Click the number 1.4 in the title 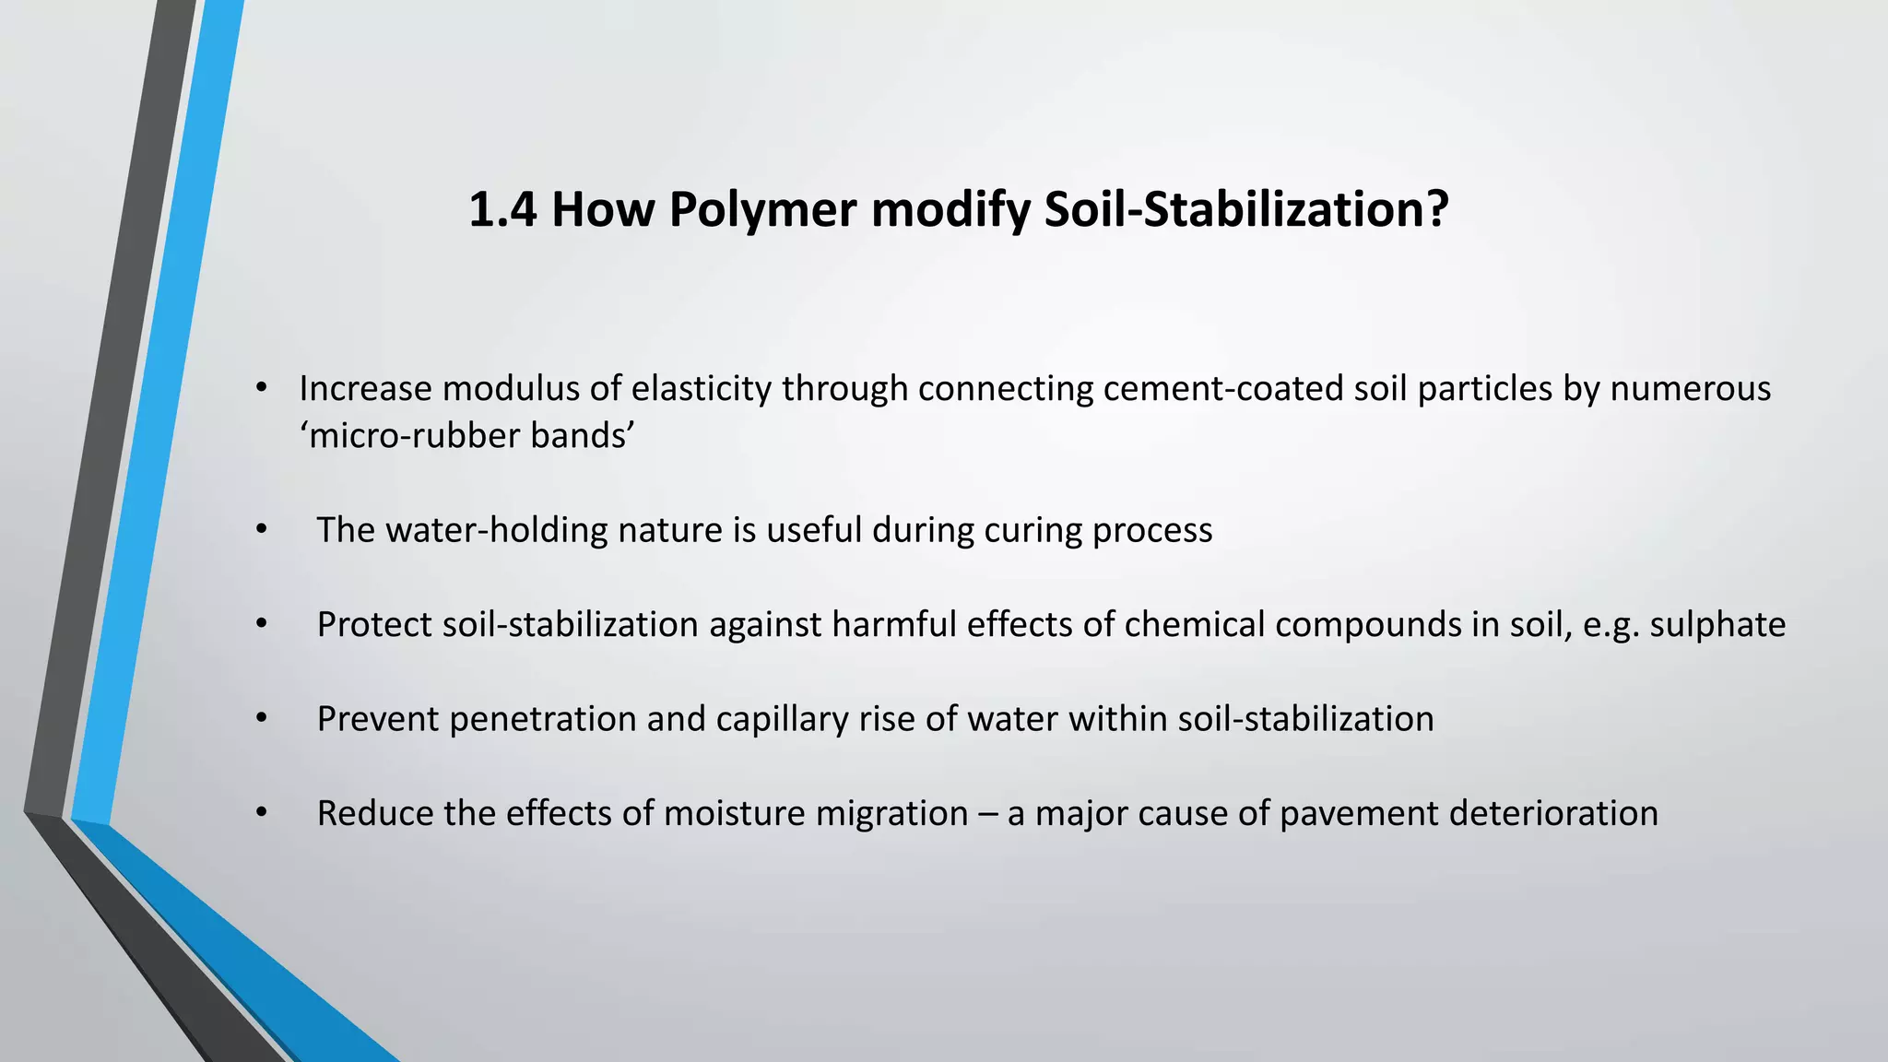502,209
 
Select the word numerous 1690,389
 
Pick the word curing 1032,530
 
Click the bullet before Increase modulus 262,389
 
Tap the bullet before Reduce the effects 262,814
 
